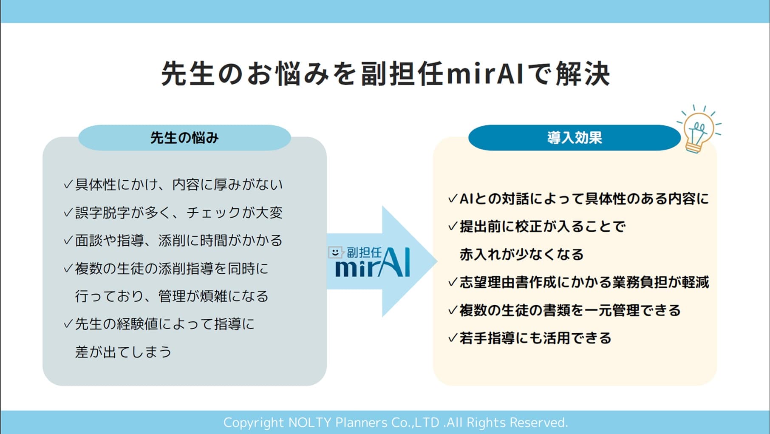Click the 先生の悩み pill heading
[x=184, y=138]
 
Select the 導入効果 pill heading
[x=574, y=138]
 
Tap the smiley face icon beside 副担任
[x=335, y=252]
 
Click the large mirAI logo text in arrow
[x=373, y=265]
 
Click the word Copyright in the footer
[x=253, y=423]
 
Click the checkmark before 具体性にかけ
[x=68, y=185]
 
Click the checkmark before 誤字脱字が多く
[x=68, y=213]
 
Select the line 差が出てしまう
[x=123, y=352]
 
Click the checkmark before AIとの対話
[x=453, y=199]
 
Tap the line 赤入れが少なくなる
[x=521, y=255]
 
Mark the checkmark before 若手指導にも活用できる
[x=453, y=338]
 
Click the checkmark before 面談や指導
[x=68, y=241]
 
